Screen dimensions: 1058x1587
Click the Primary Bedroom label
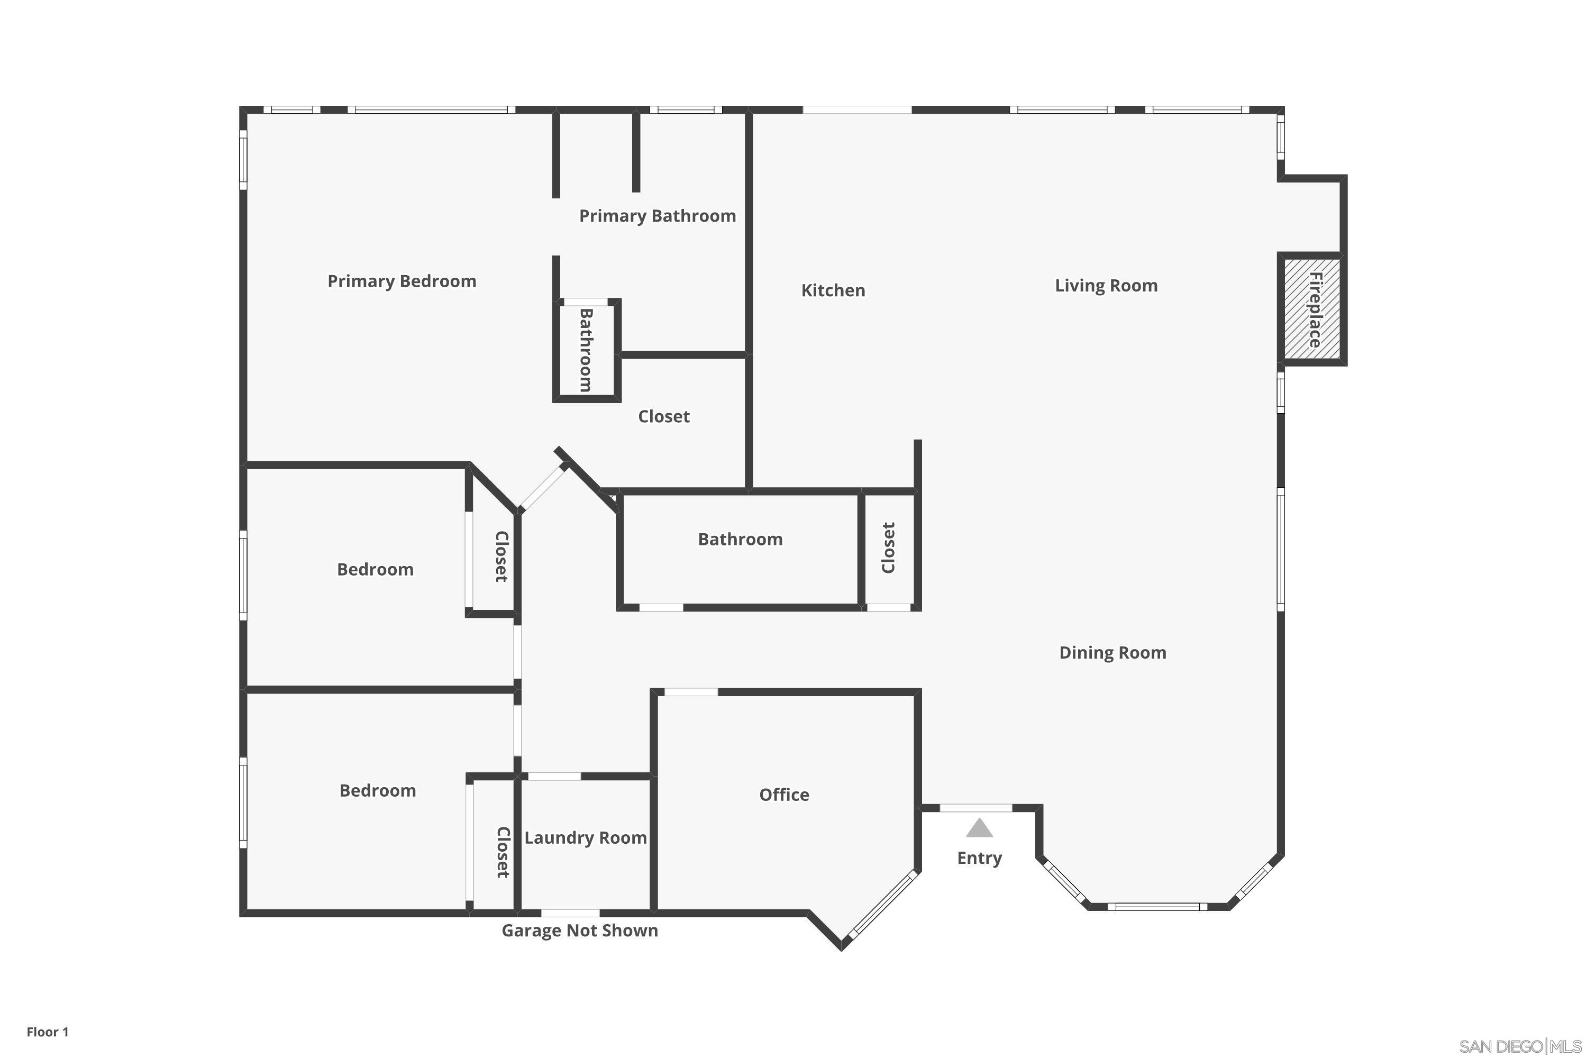click(402, 281)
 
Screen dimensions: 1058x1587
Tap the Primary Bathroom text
click(657, 216)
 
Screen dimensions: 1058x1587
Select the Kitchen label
click(833, 290)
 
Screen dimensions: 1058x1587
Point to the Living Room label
click(1106, 286)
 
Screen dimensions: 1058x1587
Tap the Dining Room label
click(1112, 652)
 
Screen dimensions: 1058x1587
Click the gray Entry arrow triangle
click(979, 828)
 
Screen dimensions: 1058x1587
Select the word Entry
click(979, 858)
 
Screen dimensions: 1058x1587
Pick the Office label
click(783, 795)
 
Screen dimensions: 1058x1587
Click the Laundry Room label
click(585, 838)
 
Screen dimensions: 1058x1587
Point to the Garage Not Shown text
click(580, 931)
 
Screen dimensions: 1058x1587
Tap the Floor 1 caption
click(47, 1032)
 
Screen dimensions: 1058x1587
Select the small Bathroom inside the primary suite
click(586, 350)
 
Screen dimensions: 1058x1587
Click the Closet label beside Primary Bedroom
click(663, 416)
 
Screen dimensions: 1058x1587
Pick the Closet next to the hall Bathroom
click(888, 548)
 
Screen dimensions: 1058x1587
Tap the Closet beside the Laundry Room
click(503, 852)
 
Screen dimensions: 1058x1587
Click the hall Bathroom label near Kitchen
click(740, 539)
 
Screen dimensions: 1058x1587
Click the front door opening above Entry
click(975, 808)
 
